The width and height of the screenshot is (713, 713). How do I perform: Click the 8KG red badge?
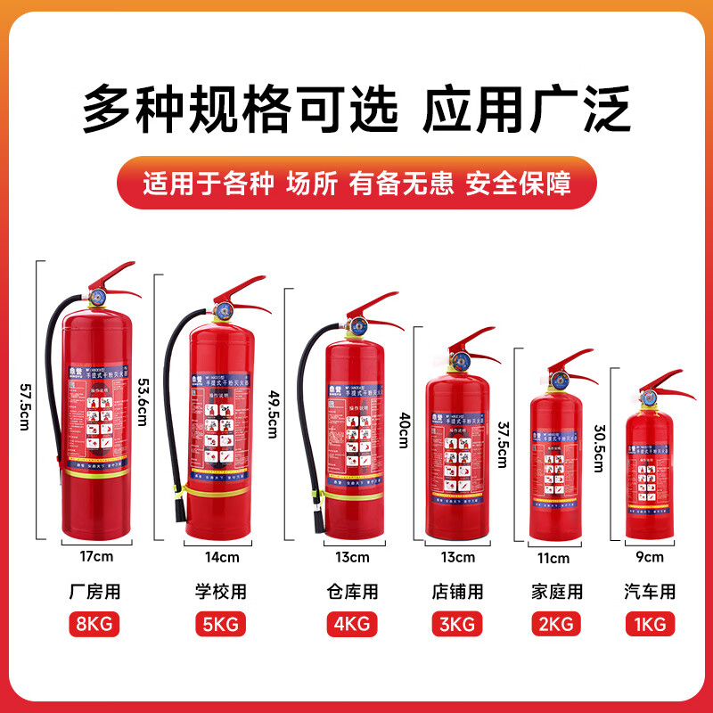click(x=93, y=624)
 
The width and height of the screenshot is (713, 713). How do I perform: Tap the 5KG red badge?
click(x=220, y=624)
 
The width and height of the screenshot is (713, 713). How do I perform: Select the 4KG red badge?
click(x=351, y=624)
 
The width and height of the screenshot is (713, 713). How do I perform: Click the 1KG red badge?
click(x=649, y=624)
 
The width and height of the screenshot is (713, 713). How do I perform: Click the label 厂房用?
click(x=93, y=591)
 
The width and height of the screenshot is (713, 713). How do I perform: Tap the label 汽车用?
click(x=649, y=591)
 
